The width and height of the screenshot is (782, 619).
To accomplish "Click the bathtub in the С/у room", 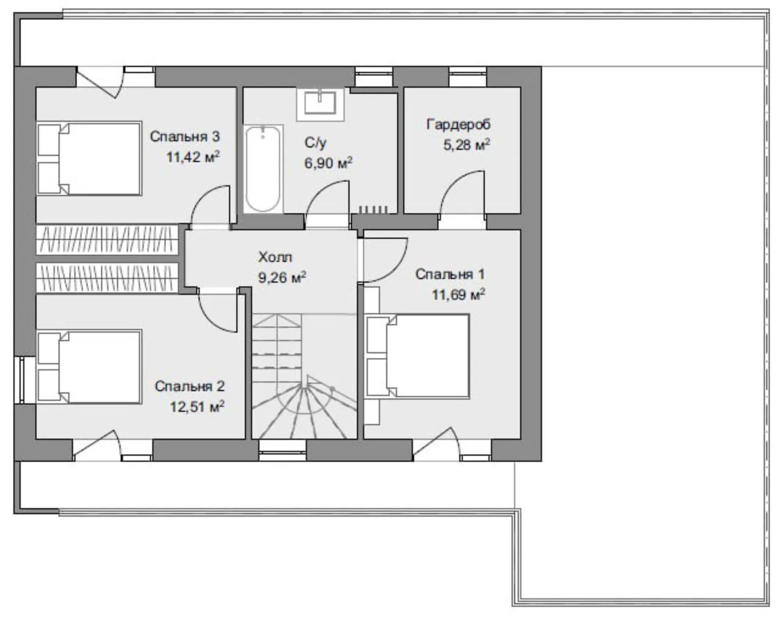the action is click(x=264, y=169).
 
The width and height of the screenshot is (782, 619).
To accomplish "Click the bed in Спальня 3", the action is click(x=89, y=158).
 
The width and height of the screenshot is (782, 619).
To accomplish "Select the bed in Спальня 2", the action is click(x=89, y=367).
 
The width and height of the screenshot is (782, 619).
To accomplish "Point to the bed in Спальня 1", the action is click(x=418, y=356).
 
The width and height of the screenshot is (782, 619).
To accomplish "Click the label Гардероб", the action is click(x=458, y=124).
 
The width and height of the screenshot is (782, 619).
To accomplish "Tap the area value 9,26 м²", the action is click(x=282, y=277).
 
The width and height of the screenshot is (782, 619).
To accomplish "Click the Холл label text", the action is click(x=275, y=257).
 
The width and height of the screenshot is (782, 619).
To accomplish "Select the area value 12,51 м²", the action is click(x=197, y=406).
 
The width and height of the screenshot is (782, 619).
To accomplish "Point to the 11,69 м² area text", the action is click(x=458, y=294).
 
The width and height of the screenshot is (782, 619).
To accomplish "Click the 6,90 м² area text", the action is click(x=328, y=163).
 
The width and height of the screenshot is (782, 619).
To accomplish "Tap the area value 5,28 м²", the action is click(x=466, y=145).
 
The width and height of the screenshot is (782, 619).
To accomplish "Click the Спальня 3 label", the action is click(x=185, y=137).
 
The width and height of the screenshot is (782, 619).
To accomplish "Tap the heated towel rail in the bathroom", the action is click(x=373, y=209).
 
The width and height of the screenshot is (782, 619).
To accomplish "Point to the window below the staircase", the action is click(x=282, y=450).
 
